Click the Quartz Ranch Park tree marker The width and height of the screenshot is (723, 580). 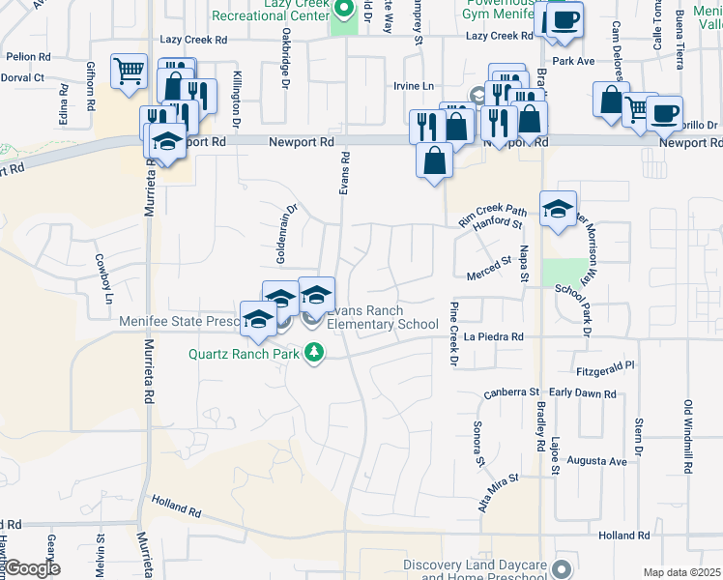point(313,353)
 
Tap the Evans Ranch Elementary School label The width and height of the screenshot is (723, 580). point(383,318)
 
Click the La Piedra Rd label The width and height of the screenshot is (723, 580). point(493,337)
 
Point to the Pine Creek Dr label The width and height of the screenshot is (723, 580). point(453,333)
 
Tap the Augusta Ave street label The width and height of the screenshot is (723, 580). point(597,462)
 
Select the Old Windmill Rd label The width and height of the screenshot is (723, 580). point(688,437)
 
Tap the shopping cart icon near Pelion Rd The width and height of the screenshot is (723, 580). point(129,71)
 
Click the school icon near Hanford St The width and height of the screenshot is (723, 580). point(558,209)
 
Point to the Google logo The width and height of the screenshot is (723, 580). point(33,568)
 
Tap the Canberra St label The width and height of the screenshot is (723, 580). point(510,392)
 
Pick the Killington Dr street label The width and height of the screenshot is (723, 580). point(236,100)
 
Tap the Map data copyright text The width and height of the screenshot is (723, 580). point(682,572)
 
